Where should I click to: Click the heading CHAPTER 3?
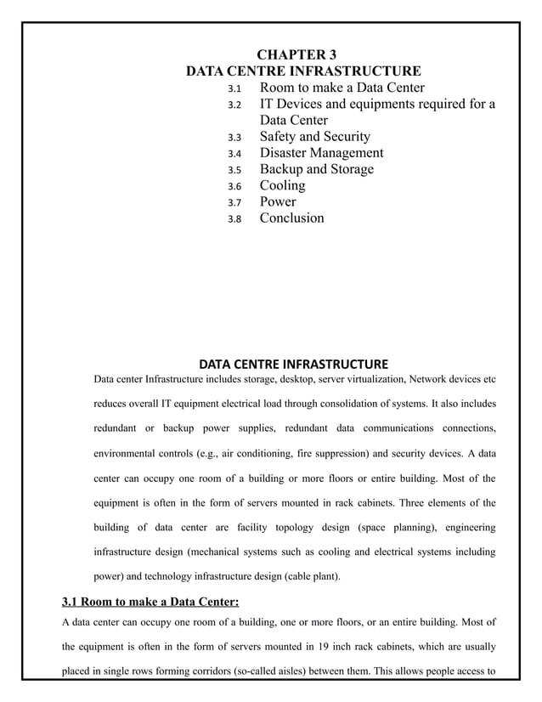pos(303,55)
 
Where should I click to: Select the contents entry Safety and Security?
pos(314,137)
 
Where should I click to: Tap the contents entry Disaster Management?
pos(321,153)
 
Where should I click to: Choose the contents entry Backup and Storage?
pos(316,169)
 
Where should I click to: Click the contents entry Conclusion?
pos(291,218)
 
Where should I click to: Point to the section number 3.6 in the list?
pos(234,186)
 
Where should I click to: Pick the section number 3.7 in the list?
pos(234,202)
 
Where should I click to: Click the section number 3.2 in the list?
pos(234,105)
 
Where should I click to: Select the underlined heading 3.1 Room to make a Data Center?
pos(150,603)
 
